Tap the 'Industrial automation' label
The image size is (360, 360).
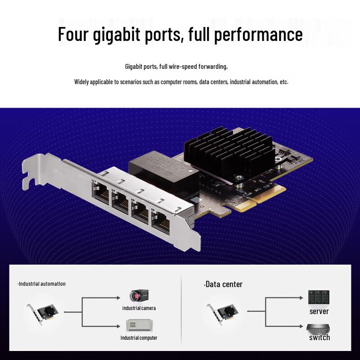point(42,284)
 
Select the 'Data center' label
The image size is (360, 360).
point(223,284)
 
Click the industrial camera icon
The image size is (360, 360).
point(139,296)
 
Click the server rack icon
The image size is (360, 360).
point(319,297)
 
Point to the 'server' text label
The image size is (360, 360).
point(319,311)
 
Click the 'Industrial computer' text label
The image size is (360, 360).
point(139,337)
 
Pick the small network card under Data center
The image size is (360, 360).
point(223,312)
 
